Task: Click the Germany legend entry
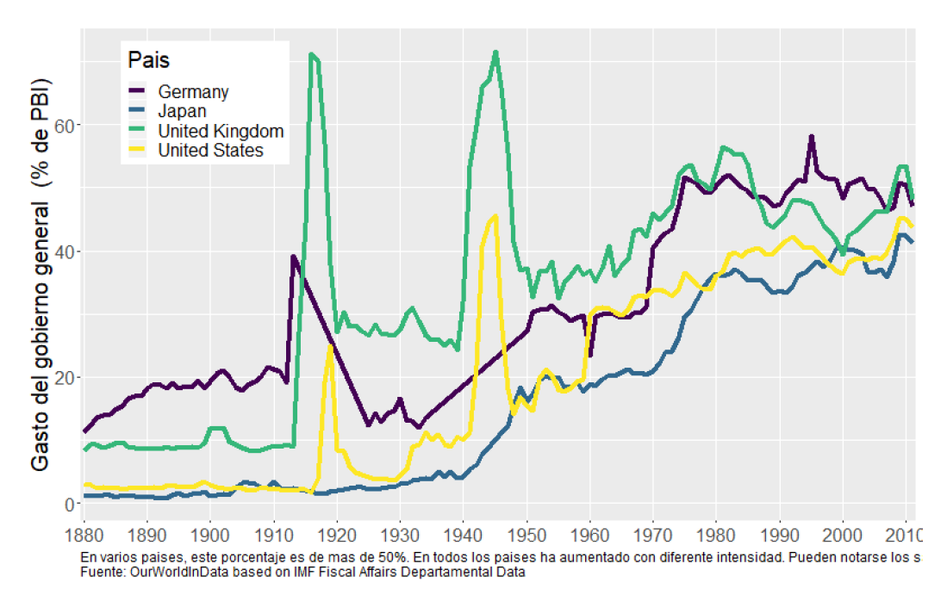coord(192,91)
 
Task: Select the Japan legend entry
coord(182,111)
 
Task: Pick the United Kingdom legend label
coord(221,131)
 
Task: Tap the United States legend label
coord(210,151)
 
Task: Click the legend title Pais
coord(148,61)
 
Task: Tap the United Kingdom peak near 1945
coord(495,53)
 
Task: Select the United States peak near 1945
coord(495,216)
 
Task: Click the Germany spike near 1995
coord(811,137)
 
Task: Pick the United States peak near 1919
coord(331,346)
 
